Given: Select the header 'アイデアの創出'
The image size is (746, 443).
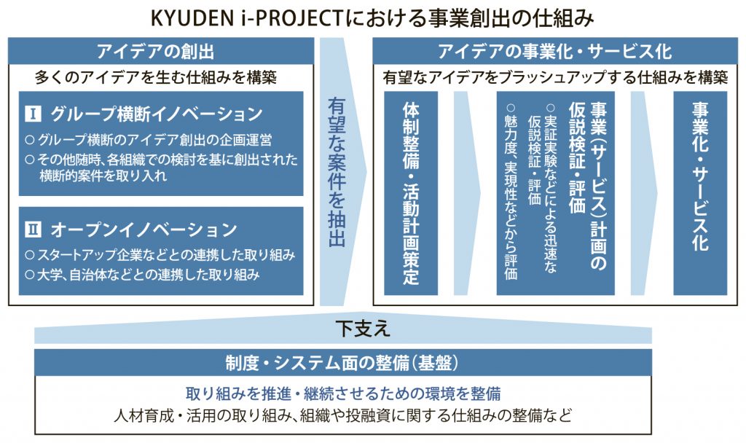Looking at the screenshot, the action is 156,51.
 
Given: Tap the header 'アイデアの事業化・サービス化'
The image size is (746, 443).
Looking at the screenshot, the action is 554,51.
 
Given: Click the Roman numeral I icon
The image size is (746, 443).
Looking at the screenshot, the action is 33,114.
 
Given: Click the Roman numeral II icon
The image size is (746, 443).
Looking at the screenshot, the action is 33,230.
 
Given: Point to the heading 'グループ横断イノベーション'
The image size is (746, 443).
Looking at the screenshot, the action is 157,114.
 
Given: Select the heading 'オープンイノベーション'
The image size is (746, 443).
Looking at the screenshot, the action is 144,230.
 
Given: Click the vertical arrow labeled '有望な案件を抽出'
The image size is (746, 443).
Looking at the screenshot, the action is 337,172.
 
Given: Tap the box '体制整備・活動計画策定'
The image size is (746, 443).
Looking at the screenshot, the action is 411,193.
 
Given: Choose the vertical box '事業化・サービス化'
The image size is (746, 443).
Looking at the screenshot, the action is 700,193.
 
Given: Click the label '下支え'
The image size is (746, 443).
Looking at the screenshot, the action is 363,329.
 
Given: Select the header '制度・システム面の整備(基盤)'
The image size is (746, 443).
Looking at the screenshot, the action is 342,363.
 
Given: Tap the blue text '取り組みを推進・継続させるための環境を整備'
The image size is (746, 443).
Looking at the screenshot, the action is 343,393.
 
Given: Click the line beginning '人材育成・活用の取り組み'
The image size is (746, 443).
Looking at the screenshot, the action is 343,415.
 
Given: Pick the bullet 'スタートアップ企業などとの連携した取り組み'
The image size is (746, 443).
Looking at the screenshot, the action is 160,255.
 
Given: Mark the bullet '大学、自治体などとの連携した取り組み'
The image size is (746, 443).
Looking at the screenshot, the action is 142,275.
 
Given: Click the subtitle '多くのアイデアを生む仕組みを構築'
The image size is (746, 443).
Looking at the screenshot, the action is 156,77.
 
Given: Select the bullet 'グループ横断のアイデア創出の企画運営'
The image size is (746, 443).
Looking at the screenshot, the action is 149,140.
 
